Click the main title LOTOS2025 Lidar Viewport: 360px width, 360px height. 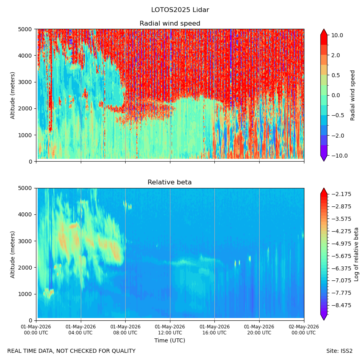pos(180,10)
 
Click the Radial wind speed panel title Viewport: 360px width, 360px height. pos(170,24)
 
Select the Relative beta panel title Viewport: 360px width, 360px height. pos(170,182)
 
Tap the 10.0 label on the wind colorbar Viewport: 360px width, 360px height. pos(337,35)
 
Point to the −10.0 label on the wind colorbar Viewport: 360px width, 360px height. pos(339,156)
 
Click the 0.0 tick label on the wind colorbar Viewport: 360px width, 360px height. pos(336,96)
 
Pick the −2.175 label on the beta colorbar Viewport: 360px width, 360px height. pos(341,194)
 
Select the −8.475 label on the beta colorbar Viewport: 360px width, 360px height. pos(341,305)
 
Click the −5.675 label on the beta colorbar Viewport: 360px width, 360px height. pos(341,256)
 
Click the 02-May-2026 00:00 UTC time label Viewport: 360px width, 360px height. pos(304,330)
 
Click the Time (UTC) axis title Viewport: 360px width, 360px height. pos(170,340)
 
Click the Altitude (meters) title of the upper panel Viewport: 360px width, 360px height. pos(13,96)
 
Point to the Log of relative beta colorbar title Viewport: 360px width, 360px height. pos(356,254)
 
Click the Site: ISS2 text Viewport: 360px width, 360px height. pos(339,351)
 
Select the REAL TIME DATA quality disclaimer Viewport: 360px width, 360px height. pos(72,351)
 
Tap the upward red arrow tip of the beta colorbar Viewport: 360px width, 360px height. pos(324,188)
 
